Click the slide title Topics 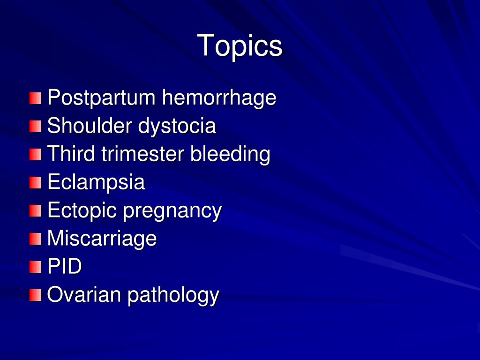[240, 46]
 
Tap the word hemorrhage [219, 98]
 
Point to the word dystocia [177, 127]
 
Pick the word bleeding [230, 155]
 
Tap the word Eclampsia [96, 182]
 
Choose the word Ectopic [82, 210]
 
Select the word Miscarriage [102, 239]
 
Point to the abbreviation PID [65, 267]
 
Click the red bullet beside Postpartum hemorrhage [36, 98]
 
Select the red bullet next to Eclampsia [36, 183]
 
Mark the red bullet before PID [36, 267]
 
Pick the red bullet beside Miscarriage [36, 239]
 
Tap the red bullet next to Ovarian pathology [36, 295]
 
